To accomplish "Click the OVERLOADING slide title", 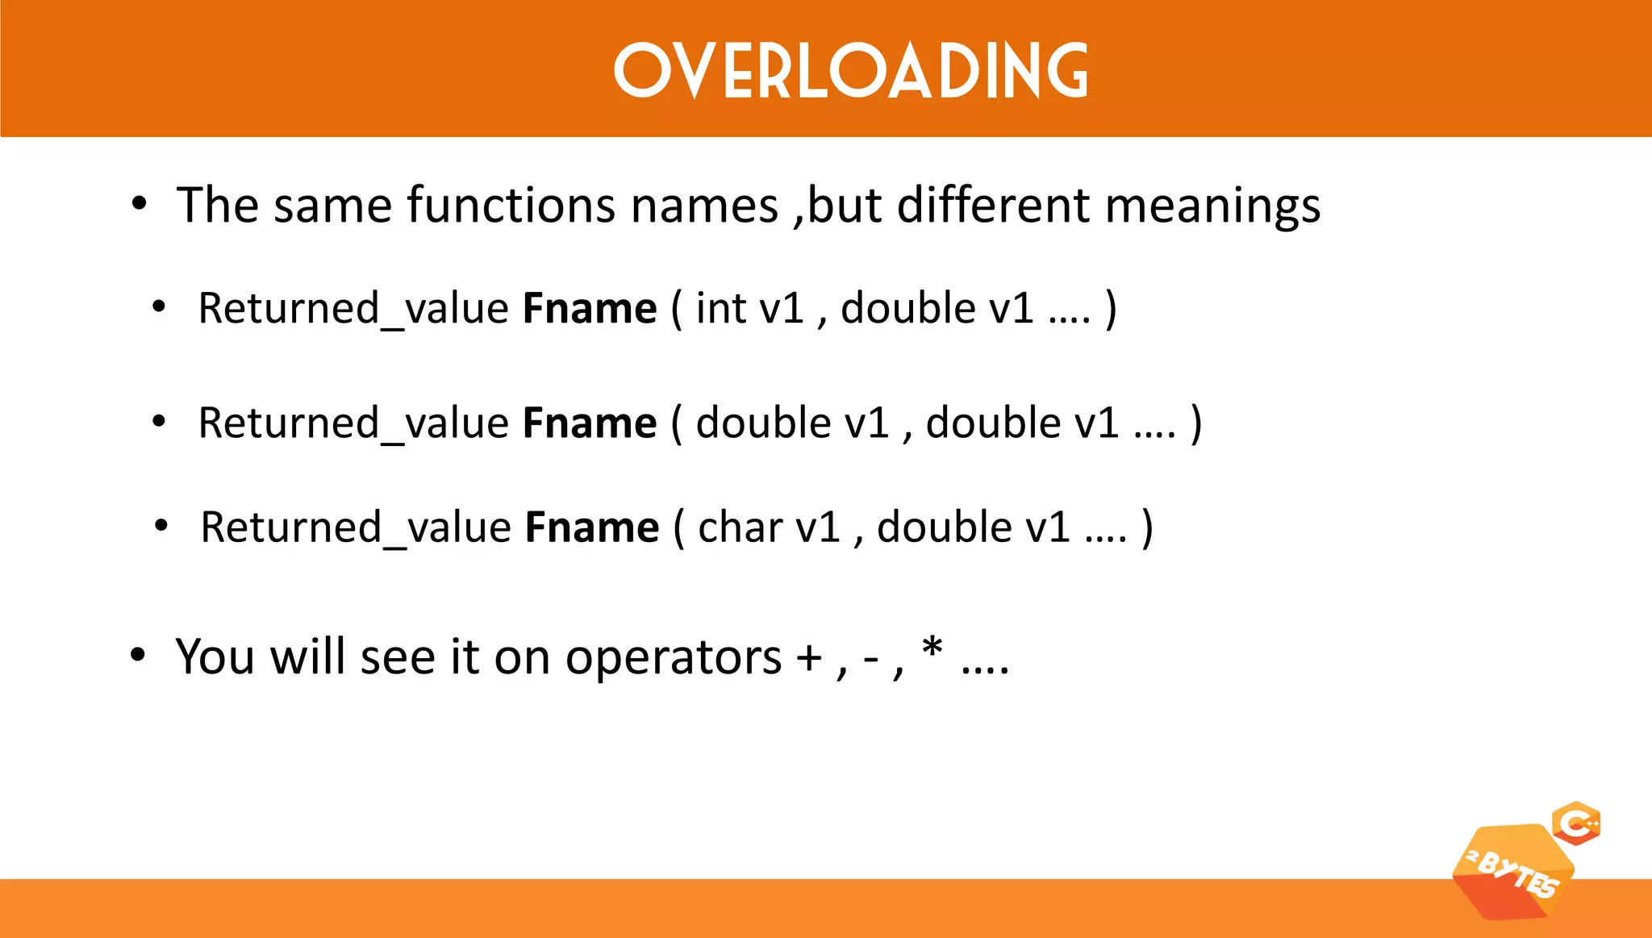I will pyautogui.click(x=850, y=71).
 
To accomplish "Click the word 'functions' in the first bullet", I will pyautogui.click(x=511, y=205).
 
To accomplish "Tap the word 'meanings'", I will pyautogui.click(x=1212, y=206).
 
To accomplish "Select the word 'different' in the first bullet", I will pyautogui.click(x=993, y=205).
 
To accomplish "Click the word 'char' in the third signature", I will pyautogui.click(x=740, y=527).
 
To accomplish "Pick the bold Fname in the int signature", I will pyautogui.click(x=590, y=308).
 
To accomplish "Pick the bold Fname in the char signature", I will pyautogui.click(x=592, y=527).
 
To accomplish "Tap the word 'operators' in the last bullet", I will pyautogui.click(x=673, y=657).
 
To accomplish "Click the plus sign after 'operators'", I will pyautogui.click(x=809, y=658).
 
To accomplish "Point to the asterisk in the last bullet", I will pyautogui.click(x=932, y=648).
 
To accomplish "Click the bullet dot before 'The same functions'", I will pyautogui.click(x=139, y=204).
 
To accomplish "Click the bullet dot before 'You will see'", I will pyautogui.click(x=138, y=655).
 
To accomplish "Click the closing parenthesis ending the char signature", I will pyautogui.click(x=1147, y=527).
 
